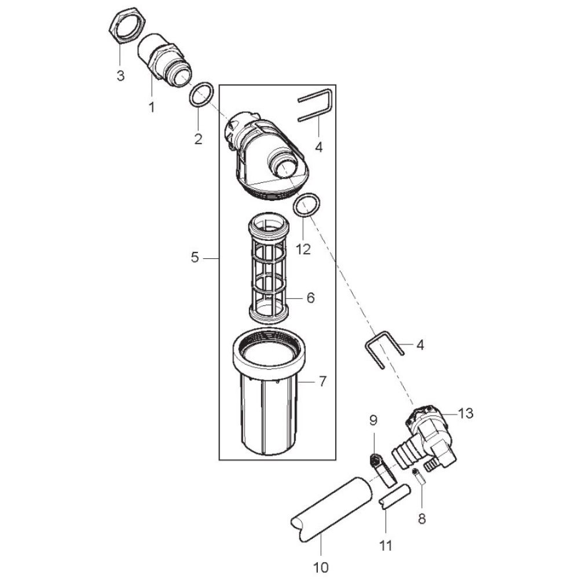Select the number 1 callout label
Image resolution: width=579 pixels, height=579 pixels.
tap(151, 108)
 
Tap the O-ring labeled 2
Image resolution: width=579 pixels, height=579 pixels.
tap(201, 96)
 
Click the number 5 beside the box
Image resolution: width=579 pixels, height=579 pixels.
tap(195, 258)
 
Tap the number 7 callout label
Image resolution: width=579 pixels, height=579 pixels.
tap(323, 382)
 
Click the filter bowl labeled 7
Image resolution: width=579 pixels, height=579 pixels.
tap(270, 393)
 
